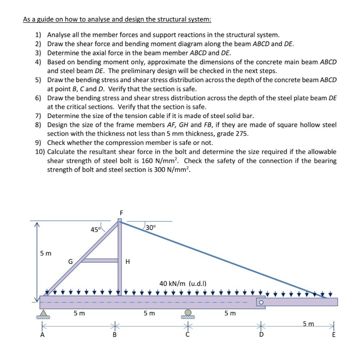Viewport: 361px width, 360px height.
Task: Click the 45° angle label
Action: pyautogui.click(x=96, y=230)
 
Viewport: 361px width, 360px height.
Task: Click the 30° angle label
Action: pyautogui.click(x=150, y=227)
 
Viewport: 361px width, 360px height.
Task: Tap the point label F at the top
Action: pyautogui.click(x=121, y=213)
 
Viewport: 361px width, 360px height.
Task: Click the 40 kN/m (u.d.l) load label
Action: pyautogui.click(x=183, y=284)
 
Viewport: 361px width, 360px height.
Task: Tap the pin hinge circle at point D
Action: pyautogui.click(x=261, y=302)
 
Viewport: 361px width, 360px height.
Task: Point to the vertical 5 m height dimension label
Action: pyautogui.click(x=46, y=253)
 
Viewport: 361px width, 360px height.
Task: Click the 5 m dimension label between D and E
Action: pyautogui.click(x=308, y=323)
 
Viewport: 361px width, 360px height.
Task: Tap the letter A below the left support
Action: pyautogui.click(x=42, y=335)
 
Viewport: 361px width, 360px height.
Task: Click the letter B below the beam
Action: pyautogui.click(x=114, y=335)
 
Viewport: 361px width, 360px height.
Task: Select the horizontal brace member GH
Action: pyautogui.click(x=99, y=260)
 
